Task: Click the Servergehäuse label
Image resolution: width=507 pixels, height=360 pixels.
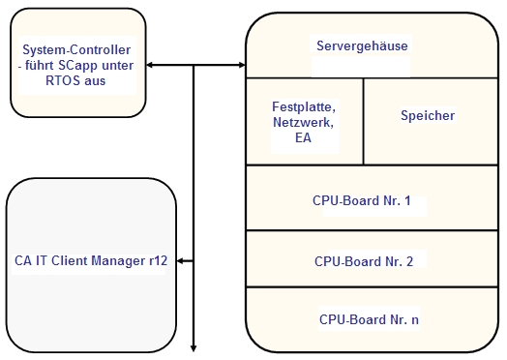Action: (x=362, y=45)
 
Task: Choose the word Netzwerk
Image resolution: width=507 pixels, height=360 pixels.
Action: (x=303, y=123)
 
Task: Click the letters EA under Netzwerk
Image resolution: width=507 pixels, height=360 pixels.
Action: (x=303, y=138)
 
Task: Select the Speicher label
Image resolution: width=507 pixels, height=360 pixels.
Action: (x=427, y=115)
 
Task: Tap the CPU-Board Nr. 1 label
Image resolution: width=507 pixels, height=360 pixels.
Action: (x=362, y=201)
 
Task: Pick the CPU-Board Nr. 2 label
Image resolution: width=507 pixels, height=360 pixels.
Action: (x=363, y=261)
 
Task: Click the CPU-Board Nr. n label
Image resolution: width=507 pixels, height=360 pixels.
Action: (x=363, y=318)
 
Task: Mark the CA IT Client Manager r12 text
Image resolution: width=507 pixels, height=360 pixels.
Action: (x=92, y=260)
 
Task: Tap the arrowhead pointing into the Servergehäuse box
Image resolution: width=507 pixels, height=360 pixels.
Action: (x=241, y=65)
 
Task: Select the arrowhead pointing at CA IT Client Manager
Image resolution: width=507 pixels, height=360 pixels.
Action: (x=182, y=260)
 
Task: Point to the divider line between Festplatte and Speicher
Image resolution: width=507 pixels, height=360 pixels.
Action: (x=363, y=121)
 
